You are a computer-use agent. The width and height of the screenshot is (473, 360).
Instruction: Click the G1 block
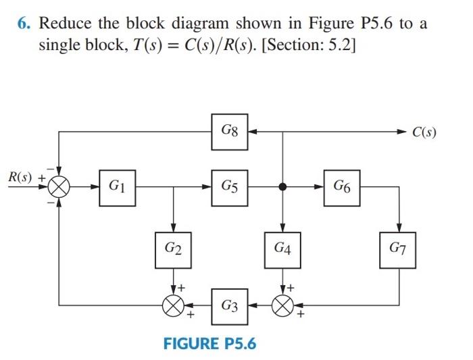(116, 186)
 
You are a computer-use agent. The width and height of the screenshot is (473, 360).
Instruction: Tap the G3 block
(229, 307)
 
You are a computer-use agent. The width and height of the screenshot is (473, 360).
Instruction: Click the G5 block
(229, 186)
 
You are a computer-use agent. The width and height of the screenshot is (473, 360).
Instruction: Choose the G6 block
(342, 186)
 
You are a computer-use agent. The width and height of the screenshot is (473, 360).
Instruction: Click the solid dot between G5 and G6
(282, 186)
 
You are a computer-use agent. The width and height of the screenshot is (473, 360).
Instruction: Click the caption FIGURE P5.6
(210, 343)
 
